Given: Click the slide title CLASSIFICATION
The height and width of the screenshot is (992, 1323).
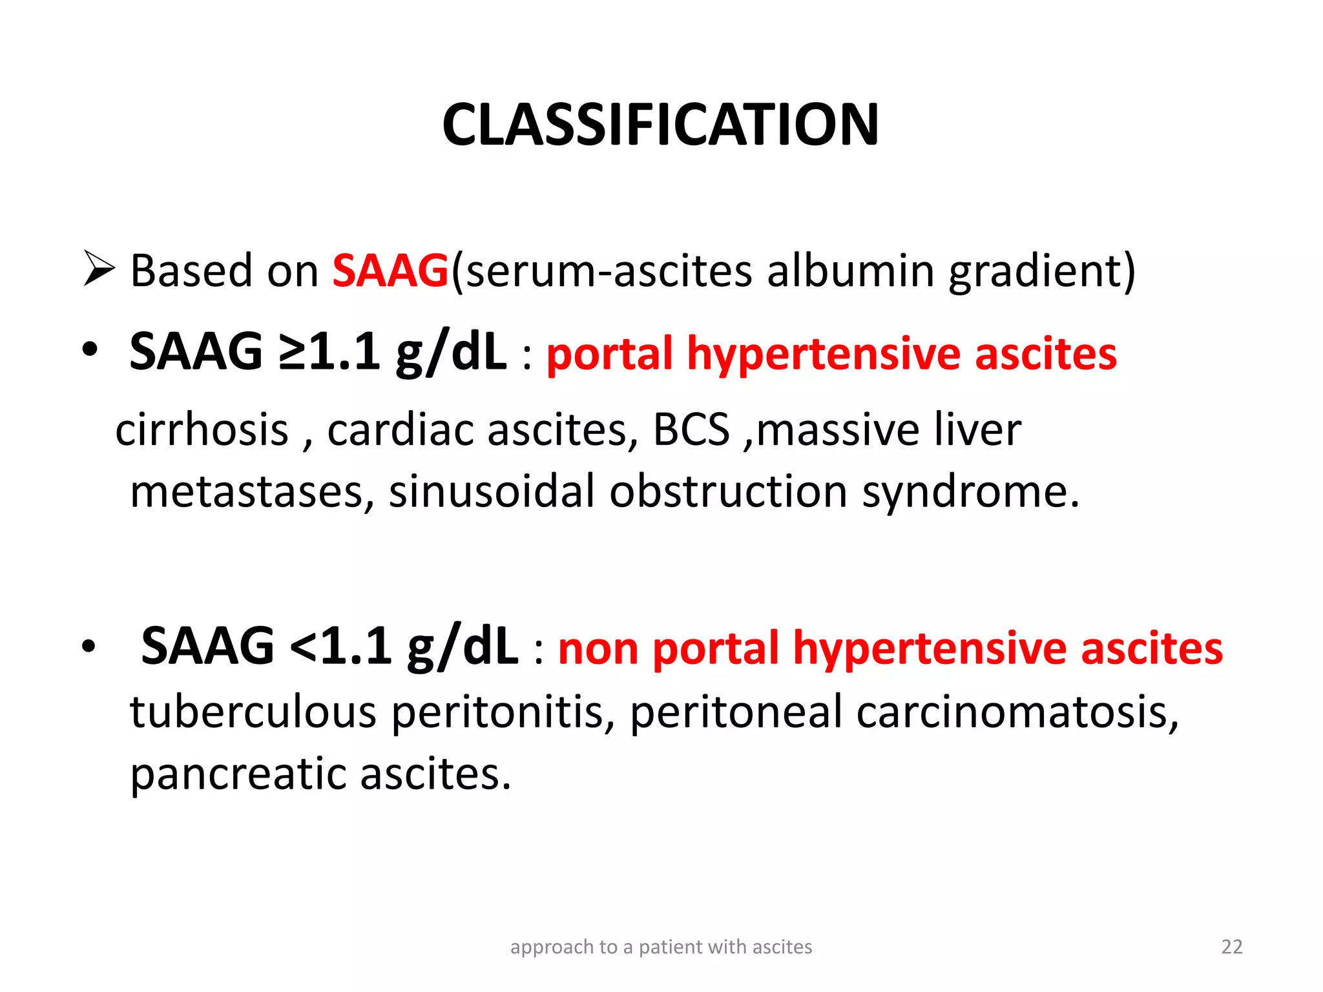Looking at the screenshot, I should pyautogui.click(x=660, y=125).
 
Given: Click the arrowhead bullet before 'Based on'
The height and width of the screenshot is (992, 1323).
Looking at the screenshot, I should pyautogui.click(x=99, y=269).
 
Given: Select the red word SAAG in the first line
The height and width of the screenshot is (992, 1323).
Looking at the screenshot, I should pyautogui.click(x=390, y=271).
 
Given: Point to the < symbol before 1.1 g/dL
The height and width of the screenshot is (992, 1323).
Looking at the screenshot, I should pyautogui.click(x=304, y=646).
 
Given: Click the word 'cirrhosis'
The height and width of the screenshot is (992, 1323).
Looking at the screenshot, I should pyautogui.click(x=202, y=430).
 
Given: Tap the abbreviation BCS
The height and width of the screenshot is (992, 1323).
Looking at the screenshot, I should pyautogui.click(x=691, y=430).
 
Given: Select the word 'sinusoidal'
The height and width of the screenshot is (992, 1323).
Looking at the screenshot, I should pyautogui.click(x=491, y=493).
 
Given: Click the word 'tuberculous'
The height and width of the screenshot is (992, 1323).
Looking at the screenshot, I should pyautogui.click(x=253, y=712).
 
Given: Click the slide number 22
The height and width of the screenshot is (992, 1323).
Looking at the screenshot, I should pyautogui.click(x=1231, y=947).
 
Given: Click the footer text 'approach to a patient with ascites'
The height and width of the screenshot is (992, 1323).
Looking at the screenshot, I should pyautogui.click(x=661, y=947).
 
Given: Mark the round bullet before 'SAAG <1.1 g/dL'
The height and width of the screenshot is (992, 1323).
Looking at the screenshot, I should pyautogui.click(x=89, y=646).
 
